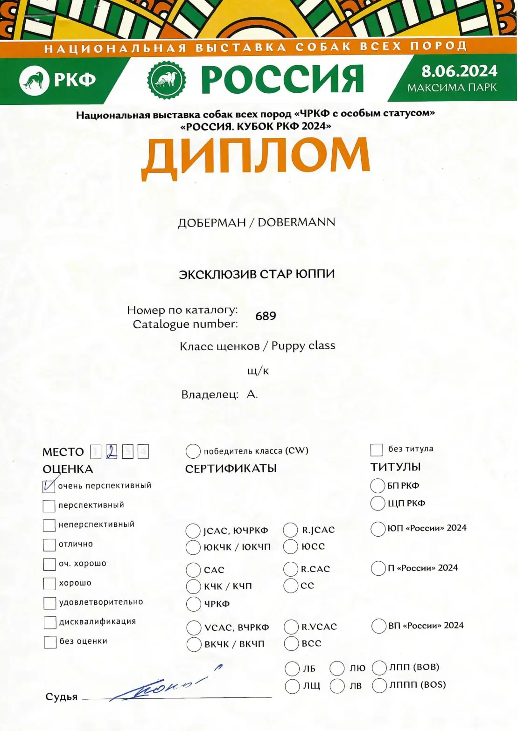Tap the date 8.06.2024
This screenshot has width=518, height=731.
[x=459, y=71]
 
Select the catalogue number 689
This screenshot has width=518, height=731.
[x=266, y=316]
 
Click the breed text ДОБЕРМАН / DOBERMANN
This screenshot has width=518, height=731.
[x=256, y=222]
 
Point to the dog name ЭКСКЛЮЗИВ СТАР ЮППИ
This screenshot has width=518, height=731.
[x=257, y=274]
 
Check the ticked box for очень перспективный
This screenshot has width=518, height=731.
[x=49, y=486]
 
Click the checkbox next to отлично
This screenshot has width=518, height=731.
[x=49, y=545]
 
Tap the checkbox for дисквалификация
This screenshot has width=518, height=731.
[x=49, y=622]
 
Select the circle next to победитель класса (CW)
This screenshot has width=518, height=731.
[x=193, y=451]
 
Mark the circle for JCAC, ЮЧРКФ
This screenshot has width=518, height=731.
[x=193, y=531]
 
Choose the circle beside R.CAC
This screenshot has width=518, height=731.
[x=291, y=569]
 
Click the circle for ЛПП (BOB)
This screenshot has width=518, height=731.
[x=379, y=668]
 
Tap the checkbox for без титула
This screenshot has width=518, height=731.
[x=376, y=449]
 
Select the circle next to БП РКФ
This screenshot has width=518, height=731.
[x=378, y=486]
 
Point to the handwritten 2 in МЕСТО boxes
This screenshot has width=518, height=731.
[x=112, y=451]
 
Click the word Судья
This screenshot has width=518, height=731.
[x=62, y=697]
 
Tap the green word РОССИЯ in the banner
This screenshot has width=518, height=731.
[x=282, y=79]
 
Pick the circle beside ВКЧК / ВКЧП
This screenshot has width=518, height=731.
[x=194, y=644]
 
